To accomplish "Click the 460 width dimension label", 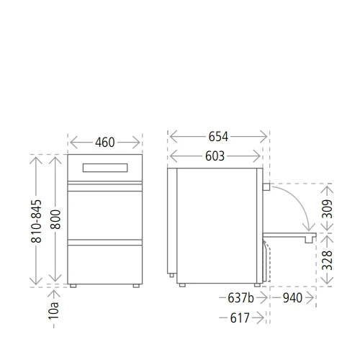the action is click(105, 143).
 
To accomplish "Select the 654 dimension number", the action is click(218, 137).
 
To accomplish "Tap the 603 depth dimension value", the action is click(215, 156).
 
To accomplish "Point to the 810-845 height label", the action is click(36, 221).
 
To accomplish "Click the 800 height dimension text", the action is click(55, 220).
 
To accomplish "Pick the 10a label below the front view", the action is click(53, 310).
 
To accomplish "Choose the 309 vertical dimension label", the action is click(327, 209).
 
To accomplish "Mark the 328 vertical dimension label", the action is click(327, 261).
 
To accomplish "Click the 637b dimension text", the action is click(240, 298).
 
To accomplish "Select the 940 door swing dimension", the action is click(292, 298).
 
